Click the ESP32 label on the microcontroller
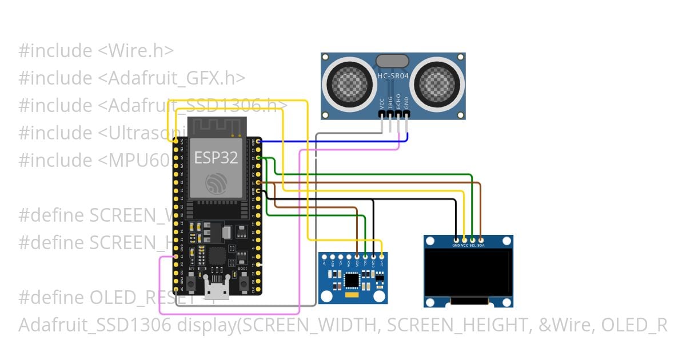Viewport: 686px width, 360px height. coord(216,158)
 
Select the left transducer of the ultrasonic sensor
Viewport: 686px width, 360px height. coord(349,81)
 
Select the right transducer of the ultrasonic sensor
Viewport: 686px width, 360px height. coord(437,81)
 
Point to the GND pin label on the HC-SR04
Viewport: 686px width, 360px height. coord(406,103)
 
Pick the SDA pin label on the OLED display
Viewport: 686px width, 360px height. coord(481,245)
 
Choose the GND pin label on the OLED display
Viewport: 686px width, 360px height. coord(456,245)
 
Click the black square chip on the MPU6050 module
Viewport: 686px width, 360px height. coord(353,280)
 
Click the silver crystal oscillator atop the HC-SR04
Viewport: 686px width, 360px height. coord(392,61)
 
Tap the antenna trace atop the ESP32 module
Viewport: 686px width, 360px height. coord(216,126)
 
